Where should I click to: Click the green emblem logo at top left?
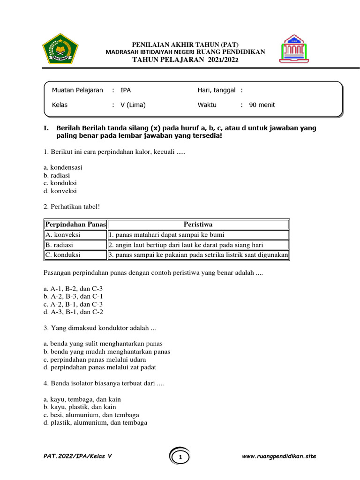point(60,49)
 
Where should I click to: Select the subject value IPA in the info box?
point(126,90)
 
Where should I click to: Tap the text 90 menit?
point(262,105)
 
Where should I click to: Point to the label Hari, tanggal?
point(216,90)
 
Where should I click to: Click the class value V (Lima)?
point(133,105)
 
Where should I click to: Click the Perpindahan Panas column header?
point(75,225)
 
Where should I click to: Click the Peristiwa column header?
point(198,225)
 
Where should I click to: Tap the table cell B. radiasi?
point(59,245)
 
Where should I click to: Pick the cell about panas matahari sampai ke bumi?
point(169,235)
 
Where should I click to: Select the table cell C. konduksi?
point(62,255)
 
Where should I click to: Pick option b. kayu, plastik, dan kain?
point(79,407)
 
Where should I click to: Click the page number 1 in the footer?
point(180,457)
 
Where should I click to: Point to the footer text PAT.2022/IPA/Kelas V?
point(77,456)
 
